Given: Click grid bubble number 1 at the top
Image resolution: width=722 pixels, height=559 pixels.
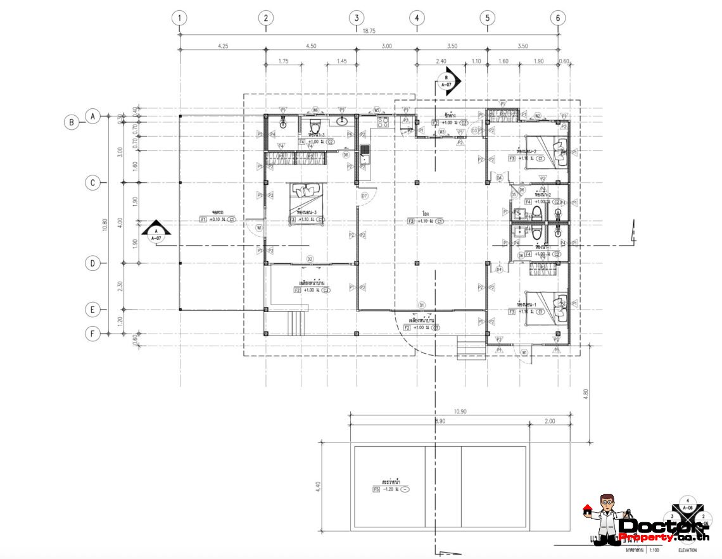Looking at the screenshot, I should tap(180, 18).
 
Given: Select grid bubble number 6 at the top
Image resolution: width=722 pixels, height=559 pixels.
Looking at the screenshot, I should tap(557, 18).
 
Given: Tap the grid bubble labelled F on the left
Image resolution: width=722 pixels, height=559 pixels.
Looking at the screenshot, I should tap(93, 333).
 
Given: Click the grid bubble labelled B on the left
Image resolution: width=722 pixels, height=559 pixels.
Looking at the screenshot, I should tap(72, 123).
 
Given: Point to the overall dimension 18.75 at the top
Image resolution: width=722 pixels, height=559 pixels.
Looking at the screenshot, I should tap(369, 29).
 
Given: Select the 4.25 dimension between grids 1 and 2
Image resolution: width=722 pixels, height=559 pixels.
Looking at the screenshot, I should tap(222, 46).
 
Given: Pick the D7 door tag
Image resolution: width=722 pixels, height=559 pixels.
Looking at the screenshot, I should tap(364, 196).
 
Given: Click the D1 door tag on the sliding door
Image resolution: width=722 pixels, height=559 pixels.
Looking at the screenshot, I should tap(421, 305).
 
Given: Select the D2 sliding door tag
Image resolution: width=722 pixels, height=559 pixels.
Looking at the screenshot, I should tap(310, 259).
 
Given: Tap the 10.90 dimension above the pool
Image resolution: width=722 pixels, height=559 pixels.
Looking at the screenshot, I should tap(460, 411).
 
